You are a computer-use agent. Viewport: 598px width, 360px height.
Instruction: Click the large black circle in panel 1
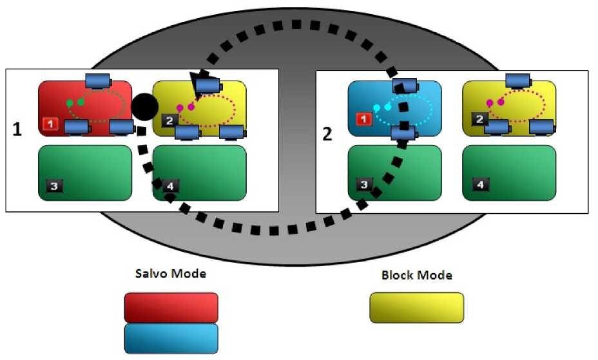[x=144, y=105]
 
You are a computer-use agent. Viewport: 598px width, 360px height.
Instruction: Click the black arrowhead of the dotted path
[x=194, y=81]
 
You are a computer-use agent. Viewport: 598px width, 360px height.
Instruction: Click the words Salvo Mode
[x=171, y=274]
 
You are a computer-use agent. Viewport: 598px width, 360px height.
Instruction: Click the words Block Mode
[x=416, y=276]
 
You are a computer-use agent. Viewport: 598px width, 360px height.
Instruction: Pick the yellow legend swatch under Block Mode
[x=416, y=307]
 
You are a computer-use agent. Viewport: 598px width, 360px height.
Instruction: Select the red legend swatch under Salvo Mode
[x=171, y=307]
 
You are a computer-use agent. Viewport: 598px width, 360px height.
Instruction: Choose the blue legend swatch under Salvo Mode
[x=171, y=337]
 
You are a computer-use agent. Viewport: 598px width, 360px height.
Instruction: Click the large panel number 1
[x=17, y=129]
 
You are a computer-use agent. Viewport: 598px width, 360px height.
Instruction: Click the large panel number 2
[x=327, y=134]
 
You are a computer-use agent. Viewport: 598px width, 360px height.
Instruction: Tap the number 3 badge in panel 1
[x=54, y=186]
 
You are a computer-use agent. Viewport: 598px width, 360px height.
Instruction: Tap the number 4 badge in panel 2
[x=479, y=185]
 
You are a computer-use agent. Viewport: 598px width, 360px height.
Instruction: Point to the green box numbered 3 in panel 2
[x=394, y=173]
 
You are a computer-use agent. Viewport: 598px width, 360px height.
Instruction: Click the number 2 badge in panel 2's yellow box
[x=479, y=119]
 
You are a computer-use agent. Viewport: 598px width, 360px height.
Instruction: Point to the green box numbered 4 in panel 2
[x=509, y=173]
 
